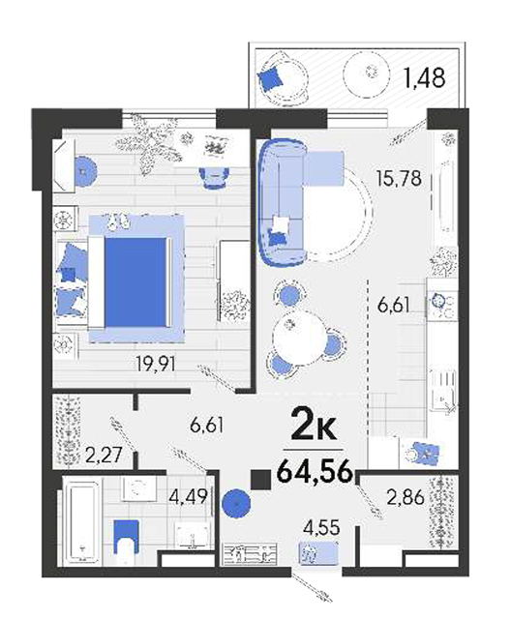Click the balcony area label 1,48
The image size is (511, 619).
click(425, 77)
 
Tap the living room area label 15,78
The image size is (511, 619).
click(399, 179)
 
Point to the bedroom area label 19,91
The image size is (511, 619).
click(155, 364)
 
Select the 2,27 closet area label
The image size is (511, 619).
click(104, 456)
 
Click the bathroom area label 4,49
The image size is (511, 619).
click(188, 496)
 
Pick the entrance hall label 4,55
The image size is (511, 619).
click(321, 528)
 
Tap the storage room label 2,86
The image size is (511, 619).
click(406, 497)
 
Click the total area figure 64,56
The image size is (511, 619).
click(315, 472)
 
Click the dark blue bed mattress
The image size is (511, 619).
click(135, 281)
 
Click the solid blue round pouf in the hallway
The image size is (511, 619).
click(236, 503)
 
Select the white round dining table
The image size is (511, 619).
click(300, 338)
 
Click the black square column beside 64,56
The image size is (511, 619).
click(261, 480)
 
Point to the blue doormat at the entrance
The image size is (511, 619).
click(318, 553)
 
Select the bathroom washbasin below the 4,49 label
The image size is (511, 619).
click(193, 536)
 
